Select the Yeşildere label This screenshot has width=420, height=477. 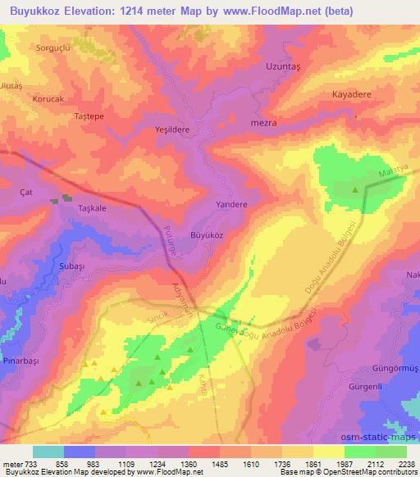[172, 129]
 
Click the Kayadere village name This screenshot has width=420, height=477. [352, 94]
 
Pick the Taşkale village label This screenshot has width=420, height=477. [93, 208]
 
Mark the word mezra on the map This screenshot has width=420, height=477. [262, 123]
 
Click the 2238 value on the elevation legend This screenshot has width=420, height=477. [406, 463]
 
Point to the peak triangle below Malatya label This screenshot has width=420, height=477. [355, 190]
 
